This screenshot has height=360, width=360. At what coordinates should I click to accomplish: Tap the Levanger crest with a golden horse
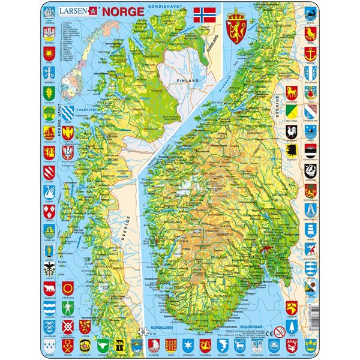310,92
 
